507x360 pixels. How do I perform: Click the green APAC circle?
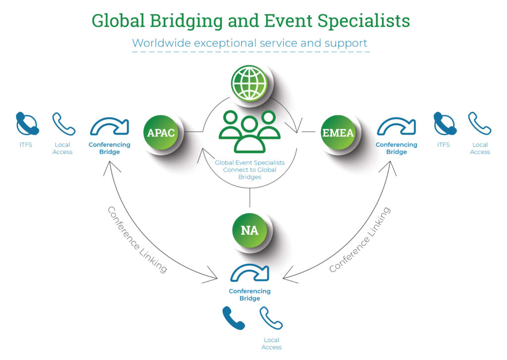[161, 133]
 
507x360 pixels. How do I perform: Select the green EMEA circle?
[338, 132]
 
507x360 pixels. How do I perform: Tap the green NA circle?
[250, 231]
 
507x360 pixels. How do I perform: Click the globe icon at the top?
[250, 83]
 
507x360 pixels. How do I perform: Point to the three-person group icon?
[250, 131]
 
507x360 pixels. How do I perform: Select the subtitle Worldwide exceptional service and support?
[250, 43]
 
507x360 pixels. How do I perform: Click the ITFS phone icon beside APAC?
[27, 124]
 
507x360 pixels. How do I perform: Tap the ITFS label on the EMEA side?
[444, 145]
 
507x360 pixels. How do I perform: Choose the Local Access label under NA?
[271, 344]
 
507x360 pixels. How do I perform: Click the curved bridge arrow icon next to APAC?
[109, 127]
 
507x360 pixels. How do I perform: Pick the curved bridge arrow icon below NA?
[250, 273]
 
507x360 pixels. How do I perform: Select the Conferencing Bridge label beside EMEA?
[396, 149]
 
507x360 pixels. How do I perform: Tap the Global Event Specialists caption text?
[250, 169]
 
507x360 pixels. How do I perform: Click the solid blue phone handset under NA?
[233, 318]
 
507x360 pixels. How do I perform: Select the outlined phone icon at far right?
[479, 124]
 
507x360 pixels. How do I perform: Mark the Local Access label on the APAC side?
[62, 149]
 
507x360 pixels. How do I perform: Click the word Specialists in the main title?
[363, 21]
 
